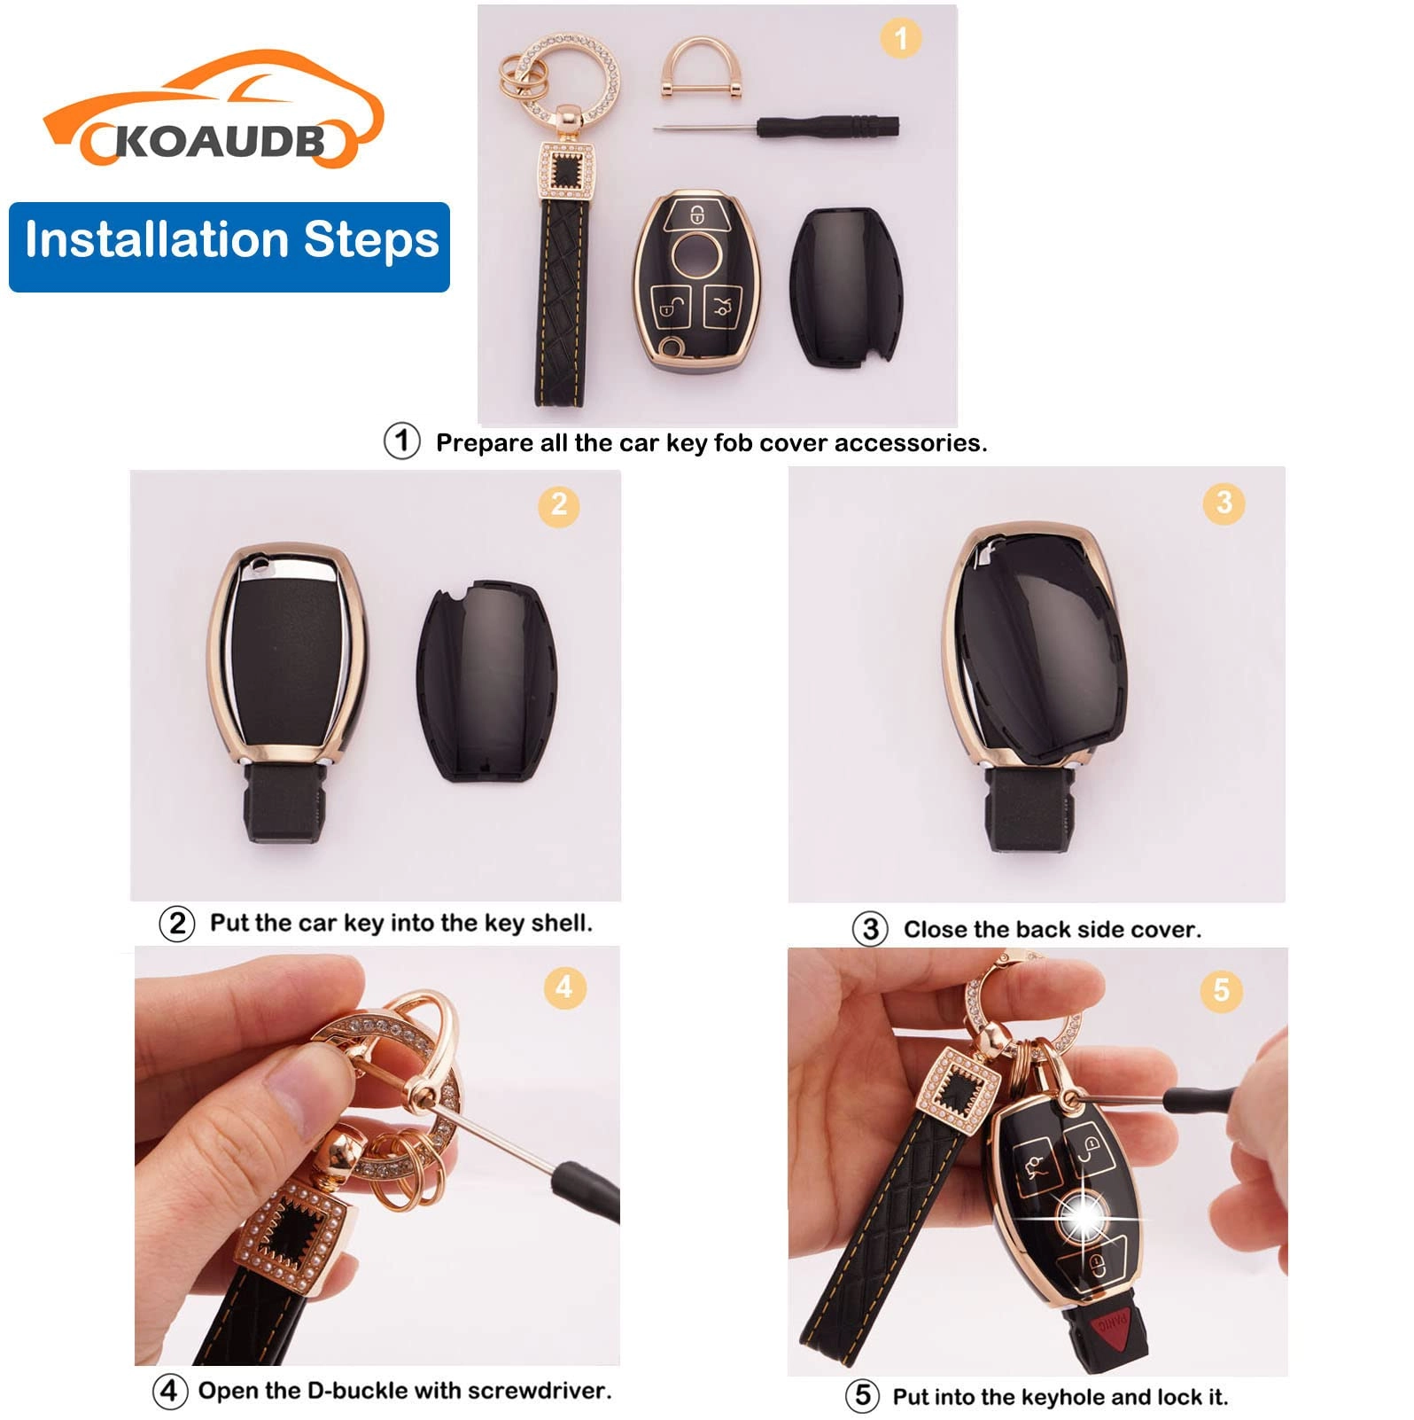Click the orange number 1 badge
point(901,38)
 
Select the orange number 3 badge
point(1224,503)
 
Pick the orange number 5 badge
point(1222,989)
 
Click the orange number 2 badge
point(558,504)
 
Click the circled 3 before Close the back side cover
point(870,930)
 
